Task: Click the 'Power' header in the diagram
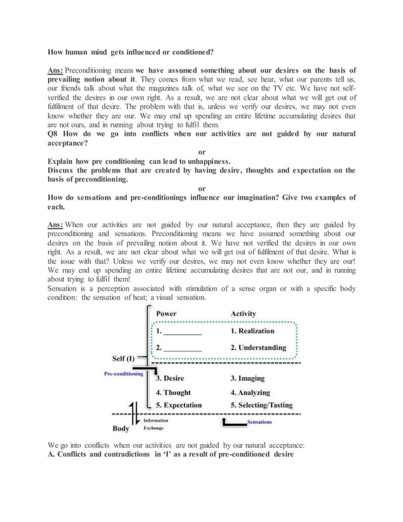[167, 313]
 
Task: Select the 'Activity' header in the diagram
[243, 313]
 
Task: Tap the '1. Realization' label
[252, 331]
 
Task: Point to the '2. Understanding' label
[258, 347]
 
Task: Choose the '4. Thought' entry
[173, 392]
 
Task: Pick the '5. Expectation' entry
[179, 405]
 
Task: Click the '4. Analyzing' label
[250, 392]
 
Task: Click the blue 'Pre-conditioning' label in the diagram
[123, 374]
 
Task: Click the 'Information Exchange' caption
[155, 424]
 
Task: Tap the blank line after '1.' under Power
[183, 332]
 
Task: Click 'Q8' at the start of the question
[54, 134]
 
